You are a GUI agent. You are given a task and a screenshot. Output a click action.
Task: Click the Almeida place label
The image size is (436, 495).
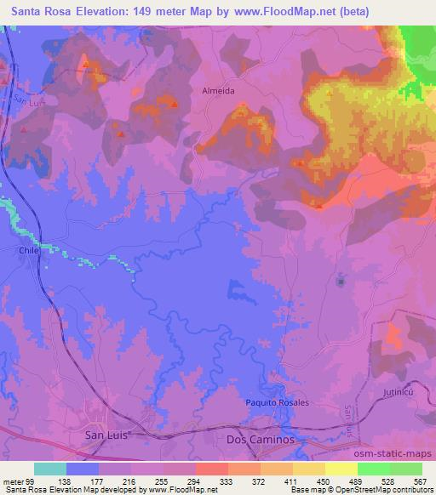[217, 89]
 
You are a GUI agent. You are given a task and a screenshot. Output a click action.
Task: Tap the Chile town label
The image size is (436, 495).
[30, 251]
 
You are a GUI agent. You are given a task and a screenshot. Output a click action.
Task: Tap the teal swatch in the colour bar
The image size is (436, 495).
[50, 469]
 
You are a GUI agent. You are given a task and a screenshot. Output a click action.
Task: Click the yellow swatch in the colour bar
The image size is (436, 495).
[341, 469]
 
